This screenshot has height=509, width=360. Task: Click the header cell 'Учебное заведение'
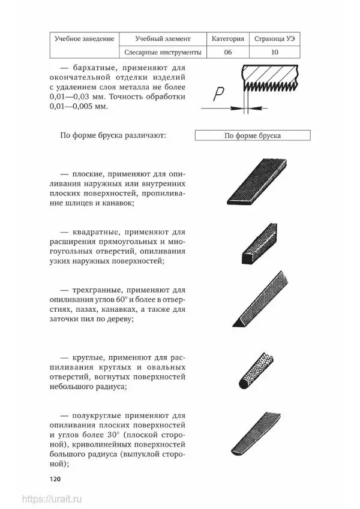[x=85, y=38]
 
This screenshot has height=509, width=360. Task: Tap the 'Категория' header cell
[x=228, y=38]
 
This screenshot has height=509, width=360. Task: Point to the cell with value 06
[x=228, y=53]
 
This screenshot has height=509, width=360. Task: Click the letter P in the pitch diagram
[x=219, y=95]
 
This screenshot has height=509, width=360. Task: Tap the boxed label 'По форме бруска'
[x=252, y=135]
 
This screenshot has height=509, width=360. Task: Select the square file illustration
[x=254, y=245]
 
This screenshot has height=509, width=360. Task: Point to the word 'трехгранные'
[x=100, y=288]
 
